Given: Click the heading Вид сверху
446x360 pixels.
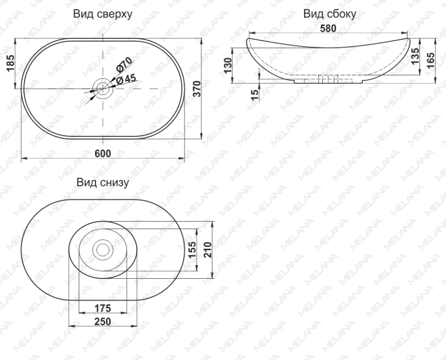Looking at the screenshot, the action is coord(103,14).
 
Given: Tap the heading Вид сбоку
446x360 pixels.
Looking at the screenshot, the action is coord(330,14).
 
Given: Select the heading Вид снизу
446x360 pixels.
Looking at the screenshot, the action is coord(102,182).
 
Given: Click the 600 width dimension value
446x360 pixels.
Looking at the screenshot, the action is coord(103,154).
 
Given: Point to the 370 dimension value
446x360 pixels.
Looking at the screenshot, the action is coord(197,89).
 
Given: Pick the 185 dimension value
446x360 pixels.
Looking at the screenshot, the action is coord(10,63).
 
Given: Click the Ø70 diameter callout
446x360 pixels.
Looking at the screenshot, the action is coord(124,64).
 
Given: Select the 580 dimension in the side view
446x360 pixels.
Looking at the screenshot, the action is coord(328,29).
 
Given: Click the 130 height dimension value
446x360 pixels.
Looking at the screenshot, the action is coord(228,65).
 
